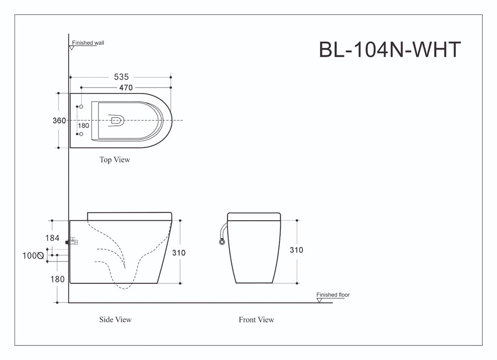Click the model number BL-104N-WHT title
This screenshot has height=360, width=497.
pos(390,50)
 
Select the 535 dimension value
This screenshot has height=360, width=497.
pos(121,77)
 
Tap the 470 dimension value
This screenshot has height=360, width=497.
pos(126,88)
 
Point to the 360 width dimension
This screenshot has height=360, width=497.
pos(59,120)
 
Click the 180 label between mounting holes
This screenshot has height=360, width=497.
pos(83,126)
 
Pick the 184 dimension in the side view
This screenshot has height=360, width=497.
pos(52,238)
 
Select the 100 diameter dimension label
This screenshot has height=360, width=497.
pos(33,256)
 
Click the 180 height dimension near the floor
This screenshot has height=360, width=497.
pos(57,279)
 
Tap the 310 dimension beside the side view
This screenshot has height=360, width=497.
pos(179,253)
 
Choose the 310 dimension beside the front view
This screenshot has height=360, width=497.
pos(296,250)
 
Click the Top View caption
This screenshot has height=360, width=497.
pos(115,160)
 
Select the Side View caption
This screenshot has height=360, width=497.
pos(115,319)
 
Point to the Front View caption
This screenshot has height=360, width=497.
pos(256,319)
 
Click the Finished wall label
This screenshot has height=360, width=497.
pos(88,43)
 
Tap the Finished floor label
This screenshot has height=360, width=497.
pos(333,295)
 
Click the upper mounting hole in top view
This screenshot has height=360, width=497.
pos(81,106)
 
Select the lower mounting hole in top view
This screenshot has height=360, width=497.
pos(81,134)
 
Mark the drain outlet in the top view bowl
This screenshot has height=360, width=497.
pos(116,120)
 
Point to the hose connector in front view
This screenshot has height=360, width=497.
pos(222,242)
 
